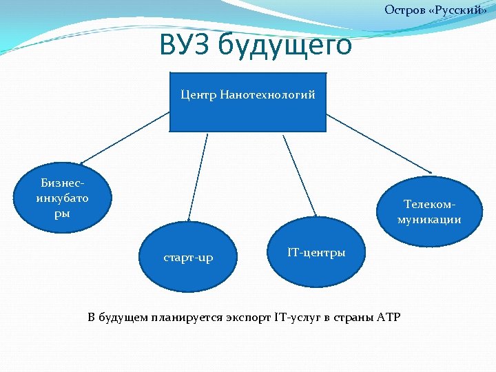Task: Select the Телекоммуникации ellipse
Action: pyautogui.click(x=429, y=211)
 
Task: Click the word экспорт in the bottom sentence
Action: pyautogui.click(x=247, y=317)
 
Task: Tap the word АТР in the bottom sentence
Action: pyautogui.click(x=388, y=317)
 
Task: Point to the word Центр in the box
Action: pyautogui.click(x=198, y=94)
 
